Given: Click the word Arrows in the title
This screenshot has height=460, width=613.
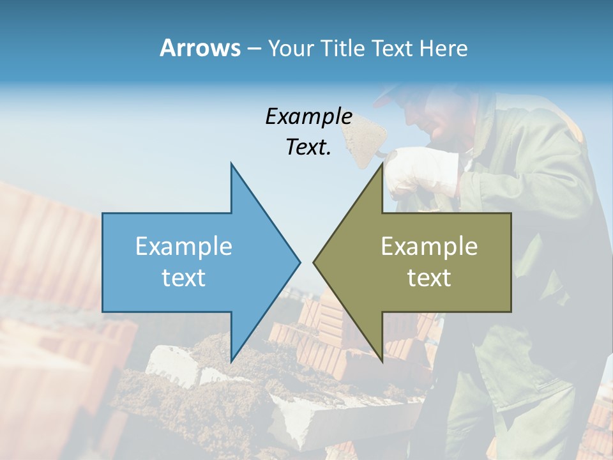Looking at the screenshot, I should [x=200, y=48].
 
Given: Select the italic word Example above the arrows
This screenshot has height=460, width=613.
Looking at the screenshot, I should [x=308, y=116].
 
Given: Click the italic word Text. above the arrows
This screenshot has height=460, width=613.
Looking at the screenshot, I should [x=308, y=147].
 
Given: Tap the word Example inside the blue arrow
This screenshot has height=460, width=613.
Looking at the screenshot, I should [x=184, y=246].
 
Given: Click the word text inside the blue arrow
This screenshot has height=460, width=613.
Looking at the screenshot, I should [x=184, y=277].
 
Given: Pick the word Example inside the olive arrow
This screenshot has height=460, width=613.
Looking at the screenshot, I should [x=429, y=246].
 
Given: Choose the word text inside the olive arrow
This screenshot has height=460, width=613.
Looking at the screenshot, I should [x=429, y=277].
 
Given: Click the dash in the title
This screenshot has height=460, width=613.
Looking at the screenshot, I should [x=254, y=49].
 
